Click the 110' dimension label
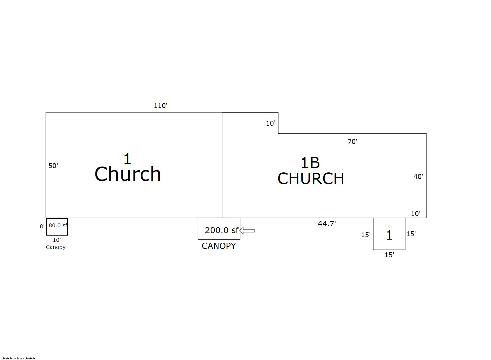pos(160,106)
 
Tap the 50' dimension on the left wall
pos(53,166)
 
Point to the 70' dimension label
pos(352,142)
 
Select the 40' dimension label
pos(418,176)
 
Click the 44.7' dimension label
pos(327,224)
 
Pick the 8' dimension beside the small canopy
pos(42,226)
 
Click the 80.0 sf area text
pos(58,225)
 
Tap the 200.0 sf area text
pos(221,230)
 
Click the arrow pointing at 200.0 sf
pos(247,231)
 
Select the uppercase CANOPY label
pos(219,246)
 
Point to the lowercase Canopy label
pos(56,247)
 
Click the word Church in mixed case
pos(128,174)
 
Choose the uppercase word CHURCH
pos(311,179)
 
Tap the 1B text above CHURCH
pos(310,163)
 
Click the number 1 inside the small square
pos(389,235)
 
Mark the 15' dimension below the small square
pos(389,255)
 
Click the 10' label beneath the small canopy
pos(57,240)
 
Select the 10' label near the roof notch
pos(271,124)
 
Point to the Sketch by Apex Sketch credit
pos(18,358)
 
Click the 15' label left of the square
pos(366,235)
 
